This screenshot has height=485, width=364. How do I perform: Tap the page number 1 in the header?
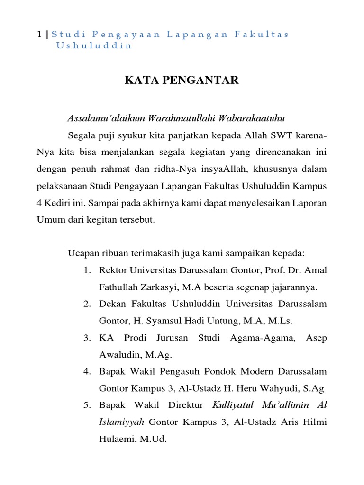(39, 35)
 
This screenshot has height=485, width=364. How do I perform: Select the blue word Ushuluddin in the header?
(94, 46)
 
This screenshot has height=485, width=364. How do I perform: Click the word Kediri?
(58, 203)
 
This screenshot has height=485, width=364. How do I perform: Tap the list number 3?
(87, 338)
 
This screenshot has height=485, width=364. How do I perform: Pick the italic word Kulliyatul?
(231, 405)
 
